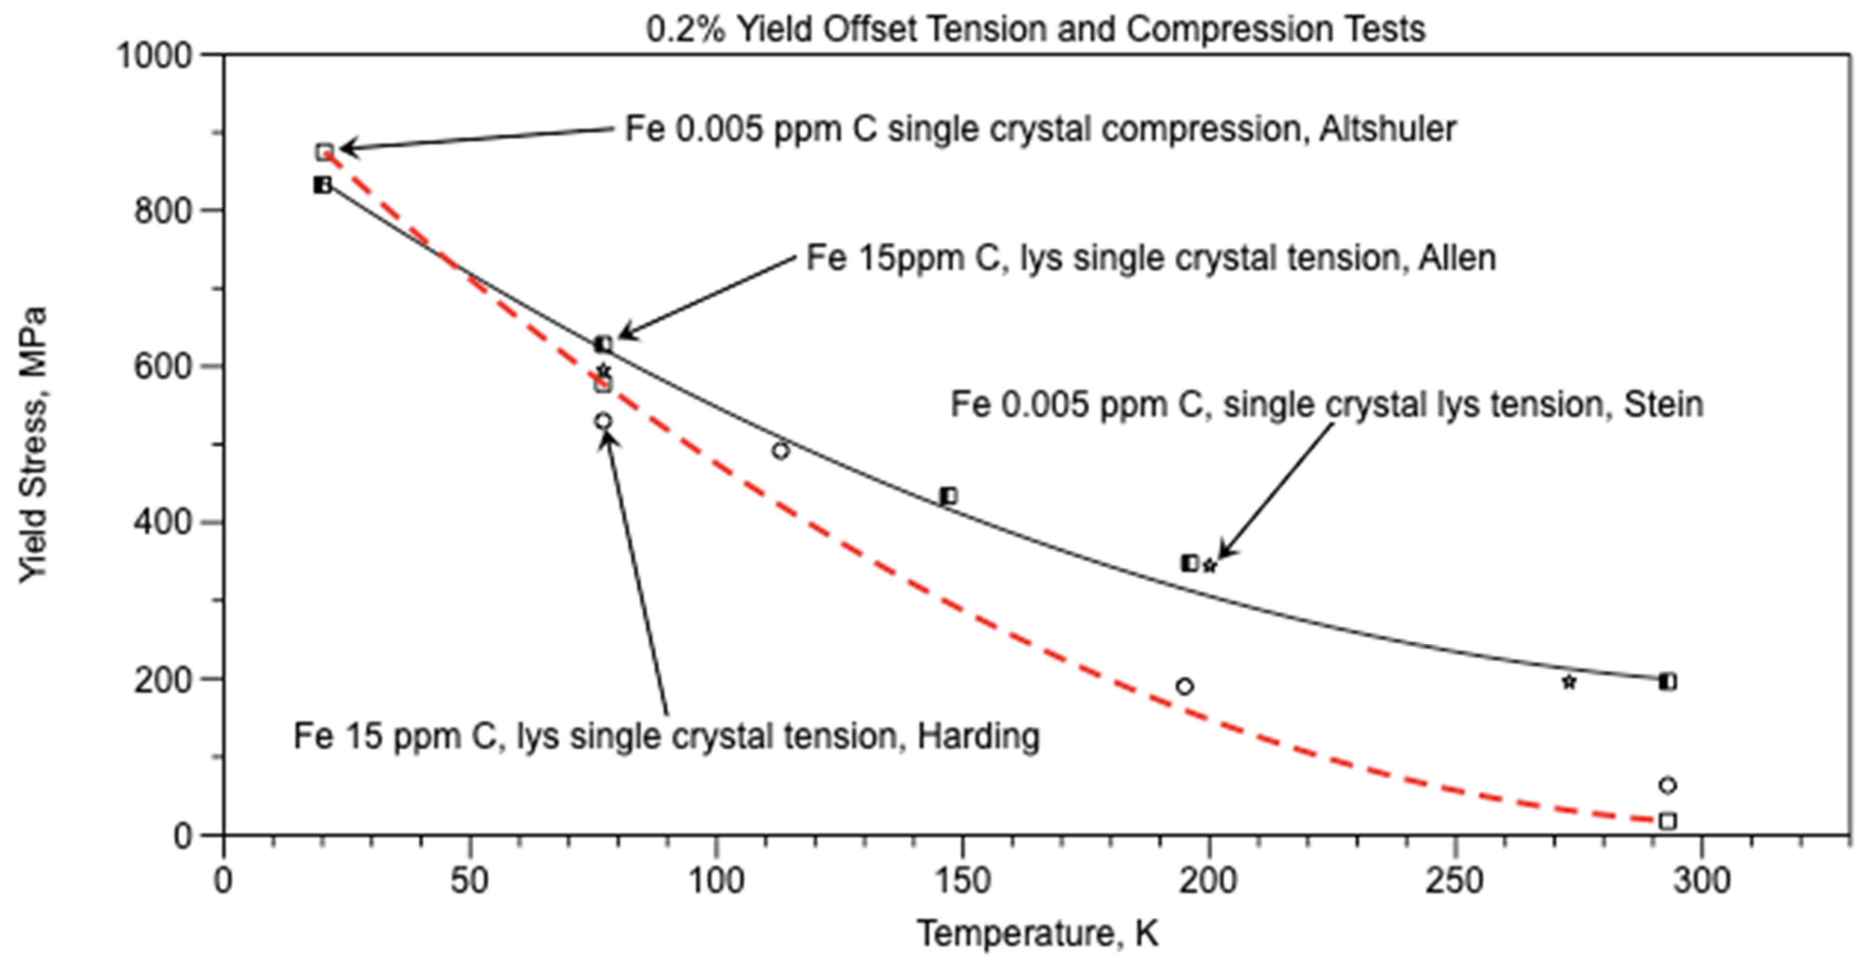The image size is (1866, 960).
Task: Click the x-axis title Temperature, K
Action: pos(1037,933)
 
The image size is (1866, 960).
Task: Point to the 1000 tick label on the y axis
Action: pos(154,55)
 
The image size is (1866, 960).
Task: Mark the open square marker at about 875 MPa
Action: pos(324,152)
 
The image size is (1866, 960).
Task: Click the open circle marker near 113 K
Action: pos(780,451)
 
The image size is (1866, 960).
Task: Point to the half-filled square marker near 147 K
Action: pos(948,496)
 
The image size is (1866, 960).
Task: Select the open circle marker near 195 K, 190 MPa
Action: pos(1184,686)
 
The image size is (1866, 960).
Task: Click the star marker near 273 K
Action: pos(1569,682)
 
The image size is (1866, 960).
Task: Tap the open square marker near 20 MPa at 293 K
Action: pos(1667,821)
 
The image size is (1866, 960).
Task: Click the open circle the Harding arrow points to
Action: pos(603,421)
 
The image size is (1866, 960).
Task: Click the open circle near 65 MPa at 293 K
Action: pos(1667,785)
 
